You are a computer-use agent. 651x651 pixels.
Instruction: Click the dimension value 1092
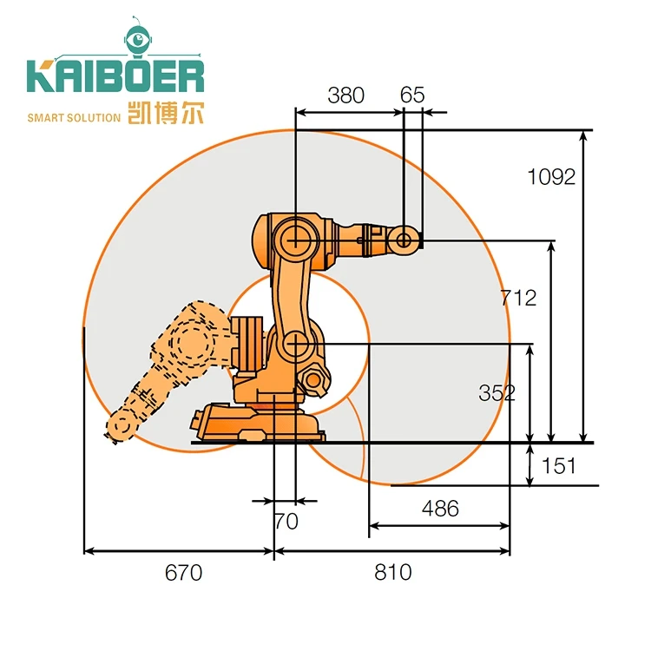point(551,177)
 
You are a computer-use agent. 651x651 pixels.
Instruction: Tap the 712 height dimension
point(519,298)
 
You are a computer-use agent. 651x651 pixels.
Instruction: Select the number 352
point(496,392)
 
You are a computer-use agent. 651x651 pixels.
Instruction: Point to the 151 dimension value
point(558,466)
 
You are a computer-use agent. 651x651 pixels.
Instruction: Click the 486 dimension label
point(440,509)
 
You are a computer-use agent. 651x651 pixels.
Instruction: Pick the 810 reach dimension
point(393,572)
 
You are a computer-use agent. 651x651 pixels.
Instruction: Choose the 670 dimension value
point(183,572)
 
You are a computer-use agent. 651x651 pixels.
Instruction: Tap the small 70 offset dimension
point(286,522)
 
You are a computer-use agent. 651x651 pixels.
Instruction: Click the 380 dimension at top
point(345,95)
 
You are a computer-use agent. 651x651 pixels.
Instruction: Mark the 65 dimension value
point(413,95)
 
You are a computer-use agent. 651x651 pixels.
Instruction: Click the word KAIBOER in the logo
point(115,76)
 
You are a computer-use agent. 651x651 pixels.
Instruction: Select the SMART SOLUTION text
point(74,117)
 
